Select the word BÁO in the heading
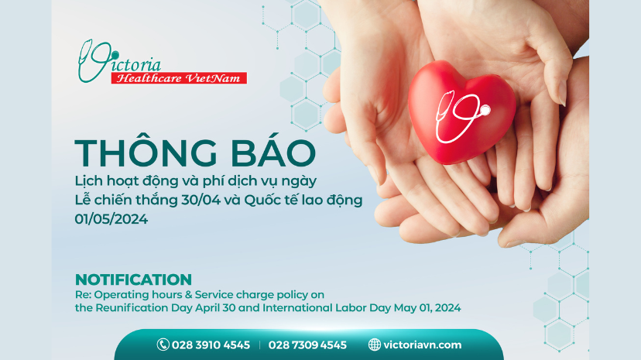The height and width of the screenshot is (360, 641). coord(259,153)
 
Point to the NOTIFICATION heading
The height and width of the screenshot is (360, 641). coord(133,279)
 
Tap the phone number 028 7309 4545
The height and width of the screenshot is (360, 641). coord(307,345)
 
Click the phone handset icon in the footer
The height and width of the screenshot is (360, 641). coord(163,345)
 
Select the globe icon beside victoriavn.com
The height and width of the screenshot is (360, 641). coord(375,345)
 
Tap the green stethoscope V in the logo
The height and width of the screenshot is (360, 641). coord(91,60)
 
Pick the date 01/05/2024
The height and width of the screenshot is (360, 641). coord(111,219)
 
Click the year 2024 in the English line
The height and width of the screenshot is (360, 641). coord(446,307)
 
